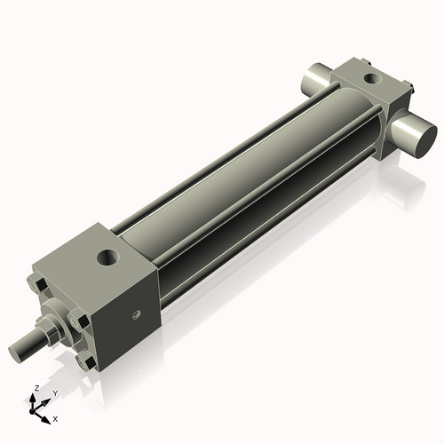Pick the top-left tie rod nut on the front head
[38, 286]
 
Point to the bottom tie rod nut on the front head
[85, 363]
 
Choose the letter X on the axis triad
[55, 417]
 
